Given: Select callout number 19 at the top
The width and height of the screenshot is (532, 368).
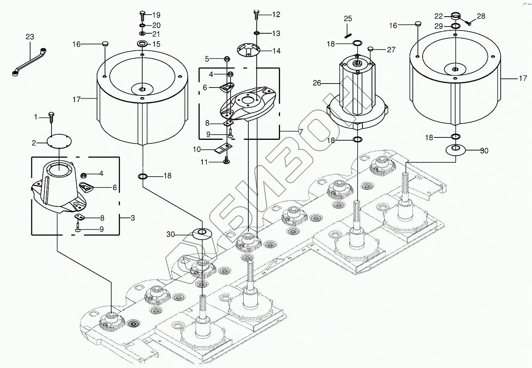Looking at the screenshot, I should pyautogui.click(x=156, y=15).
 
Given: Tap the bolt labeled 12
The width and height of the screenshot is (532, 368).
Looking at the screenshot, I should pyautogui.click(x=256, y=14).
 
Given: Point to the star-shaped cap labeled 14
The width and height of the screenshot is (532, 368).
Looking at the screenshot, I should pyautogui.click(x=248, y=50).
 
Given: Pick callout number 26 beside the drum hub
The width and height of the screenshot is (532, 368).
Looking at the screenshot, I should pyautogui.click(x=317, y=84).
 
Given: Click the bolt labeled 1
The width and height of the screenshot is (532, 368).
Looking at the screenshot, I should pyautogui.click(x=51, y=116).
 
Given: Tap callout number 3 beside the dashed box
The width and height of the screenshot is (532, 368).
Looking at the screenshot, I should pyautogui.click(x=133, y=218).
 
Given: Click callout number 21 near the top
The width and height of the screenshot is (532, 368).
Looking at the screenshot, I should pyautogui.click(x=156, y=34).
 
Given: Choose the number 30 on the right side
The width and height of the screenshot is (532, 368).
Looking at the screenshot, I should pyautogui.click(x=484, y=151).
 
